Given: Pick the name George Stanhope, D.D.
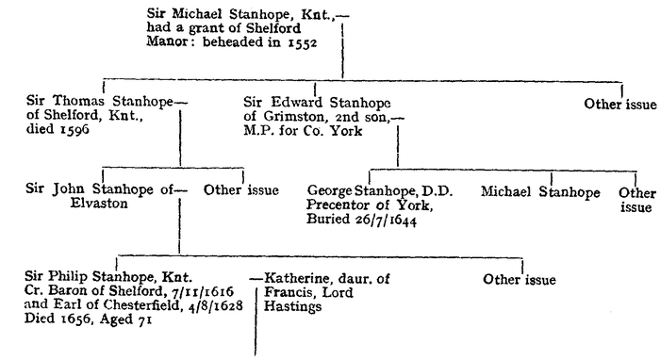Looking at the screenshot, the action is (381, 191).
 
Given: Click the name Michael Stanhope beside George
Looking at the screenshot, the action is (540, 191).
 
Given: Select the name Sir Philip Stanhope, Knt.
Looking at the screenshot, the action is (109, 279).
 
